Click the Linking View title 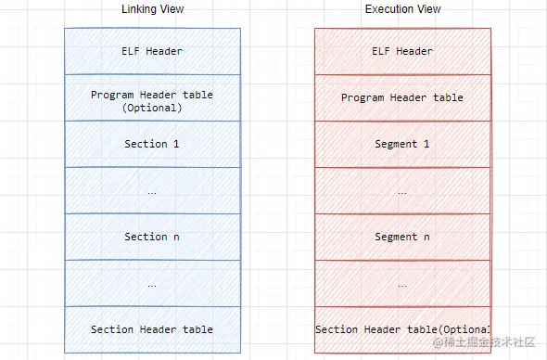pyautogui.click(x=152, y=9)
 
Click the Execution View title pyautogui.click(x=402, y=9)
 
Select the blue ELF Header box pyautogui.click(x=152, y=51)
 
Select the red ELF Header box pyautogui.click(x=402, y=51)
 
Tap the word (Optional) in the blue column pyautogui.click(x=152, y=108)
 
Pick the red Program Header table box pyautogui.click(x=402, y=97)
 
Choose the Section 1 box pyautogui.click(x=152, y=144)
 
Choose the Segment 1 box pyautogui.click(x=402, y=144)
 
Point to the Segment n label pyautogui.click(x=402, y=237)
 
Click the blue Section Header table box pyautogui.click(x=152, y=329)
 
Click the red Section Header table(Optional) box pyautogui.click(x=402, y=329)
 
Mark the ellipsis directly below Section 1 pyautogui.click(x=152, y=191)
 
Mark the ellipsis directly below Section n pyautogui.click(x=152, y=284)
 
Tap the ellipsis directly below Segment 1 pyautogui.click(x=402, y=191)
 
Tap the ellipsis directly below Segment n pyautogui.click(x=402, y=284)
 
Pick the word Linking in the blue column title pyautogui.click(x=140, y=9)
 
